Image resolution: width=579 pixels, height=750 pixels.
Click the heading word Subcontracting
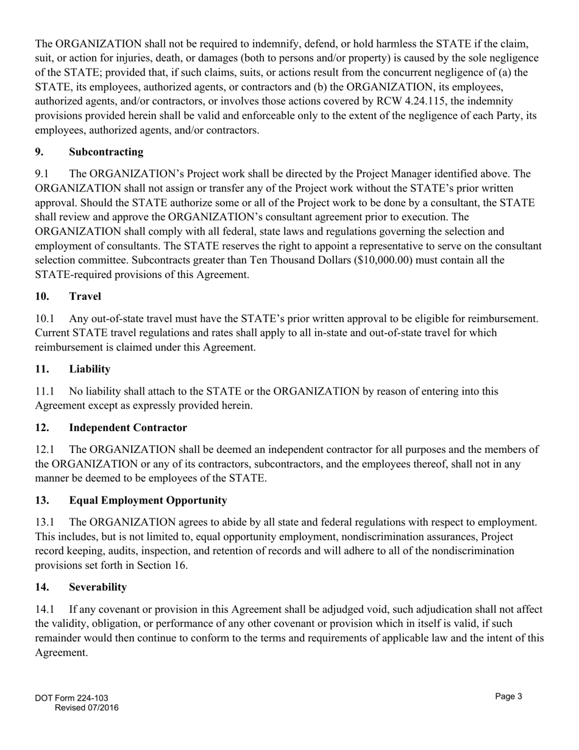pyautogui.click(x=106, y=151)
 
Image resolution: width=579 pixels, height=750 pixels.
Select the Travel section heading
pyautogui.click(x=85, y=296)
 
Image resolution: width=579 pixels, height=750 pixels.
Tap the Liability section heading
pyautogui.click(x=90, y=368)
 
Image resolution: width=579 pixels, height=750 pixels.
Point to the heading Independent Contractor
pyautogui.click(x=128, y=427)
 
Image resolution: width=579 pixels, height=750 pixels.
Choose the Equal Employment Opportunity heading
pyautogui.click(x=148, y=500)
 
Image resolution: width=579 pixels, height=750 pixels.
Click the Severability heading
pyautogui.click(x=98, y=587)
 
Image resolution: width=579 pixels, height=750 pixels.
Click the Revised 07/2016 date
pyautogui.click(x=87, y=708)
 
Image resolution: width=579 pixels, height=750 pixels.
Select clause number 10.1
pyautogui.click(x=46, y=318)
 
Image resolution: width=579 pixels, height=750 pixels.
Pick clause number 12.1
pyautogui.click(x=46, y=449)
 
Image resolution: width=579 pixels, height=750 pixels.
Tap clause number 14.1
pyautogui.click(x=46, y=609)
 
